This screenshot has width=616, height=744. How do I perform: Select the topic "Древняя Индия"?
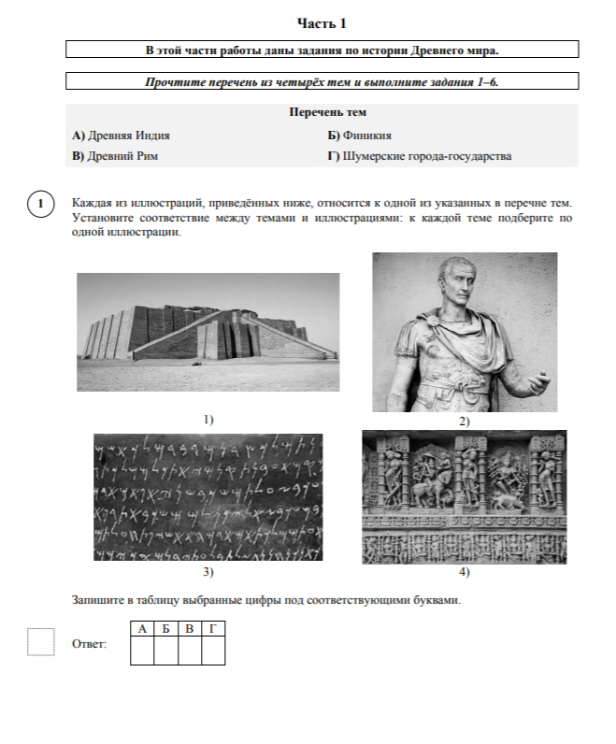[121, 135]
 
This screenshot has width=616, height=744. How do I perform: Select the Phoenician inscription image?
[208, 496]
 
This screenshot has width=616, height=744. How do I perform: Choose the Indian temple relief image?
[464, 496]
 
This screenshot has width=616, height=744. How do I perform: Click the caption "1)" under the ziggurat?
[208, 420]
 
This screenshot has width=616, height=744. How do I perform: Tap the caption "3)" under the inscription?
[208, 571]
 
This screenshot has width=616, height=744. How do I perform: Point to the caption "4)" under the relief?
[464, 571]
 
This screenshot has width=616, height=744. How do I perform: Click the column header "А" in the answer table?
[141, 628]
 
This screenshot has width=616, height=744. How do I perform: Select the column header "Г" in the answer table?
[213, 628]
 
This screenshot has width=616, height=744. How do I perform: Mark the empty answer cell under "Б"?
[165, 650]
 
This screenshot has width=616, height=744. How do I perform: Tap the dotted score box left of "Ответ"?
[41, 642]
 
